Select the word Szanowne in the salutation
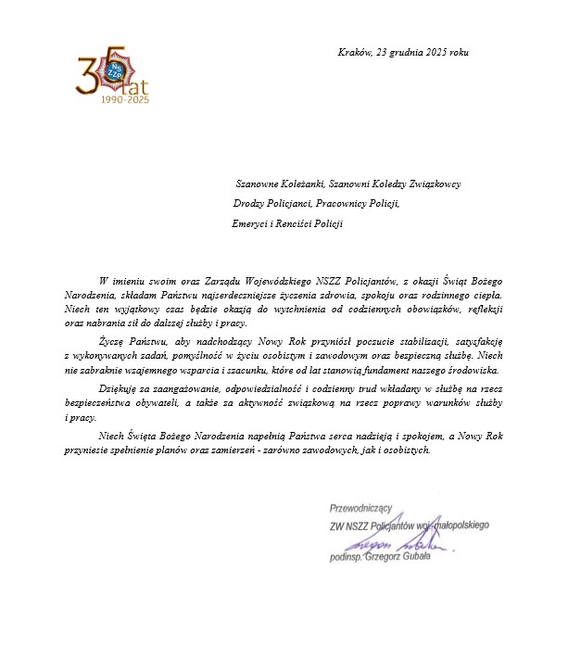pos(262,184)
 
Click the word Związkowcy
pos(433,184)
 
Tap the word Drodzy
pos(249,203)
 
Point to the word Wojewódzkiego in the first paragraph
pos(265,280)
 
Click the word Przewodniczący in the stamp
pos(362,507)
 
